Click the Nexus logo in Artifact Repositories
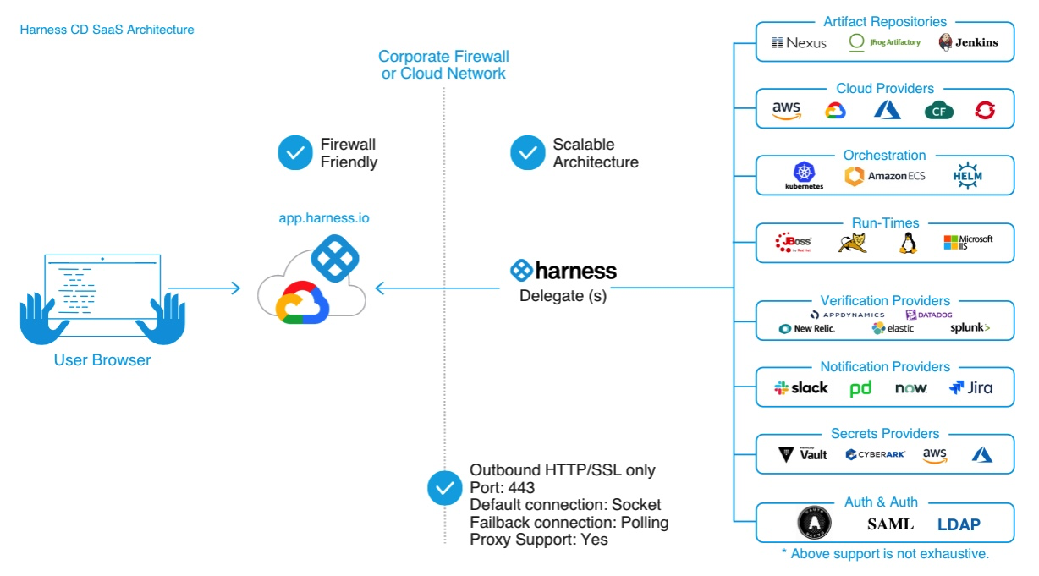(799, 42)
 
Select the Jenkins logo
(968, 42)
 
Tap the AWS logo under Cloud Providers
(786, 111)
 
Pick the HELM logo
(966, 176)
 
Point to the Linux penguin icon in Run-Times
(908, 243)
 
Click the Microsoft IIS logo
(968, 243)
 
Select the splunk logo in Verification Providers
(970, 328)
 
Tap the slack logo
(801, 388)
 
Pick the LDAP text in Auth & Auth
(959, 524)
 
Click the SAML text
(890, 524)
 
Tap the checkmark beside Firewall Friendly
(295, 153)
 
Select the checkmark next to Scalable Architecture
(528, 153)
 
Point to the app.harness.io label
(324, 218)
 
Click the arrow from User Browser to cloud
(205, 288)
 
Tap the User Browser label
(102, 360)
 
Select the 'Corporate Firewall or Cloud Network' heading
(443, 65)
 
